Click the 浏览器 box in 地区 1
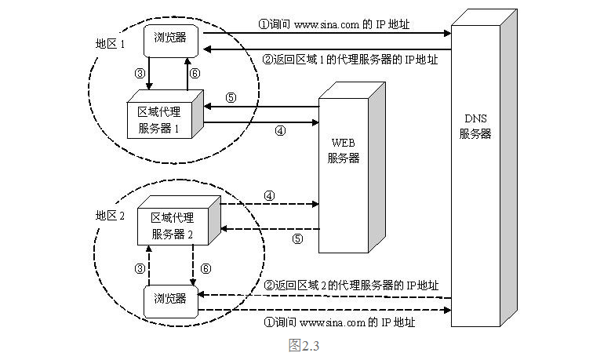[170, 37]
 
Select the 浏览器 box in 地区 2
[170, 298]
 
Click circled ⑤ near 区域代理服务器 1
[230, 98]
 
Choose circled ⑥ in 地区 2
[206, 267]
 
